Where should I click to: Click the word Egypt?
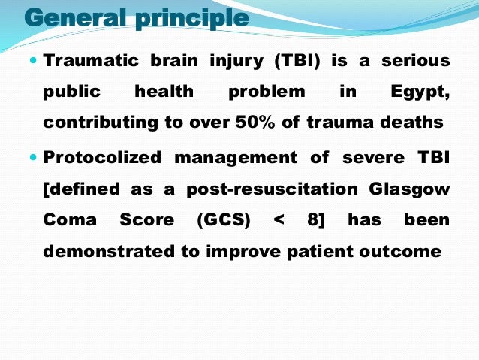420,92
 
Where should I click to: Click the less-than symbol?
279,221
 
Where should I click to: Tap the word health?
164,92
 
